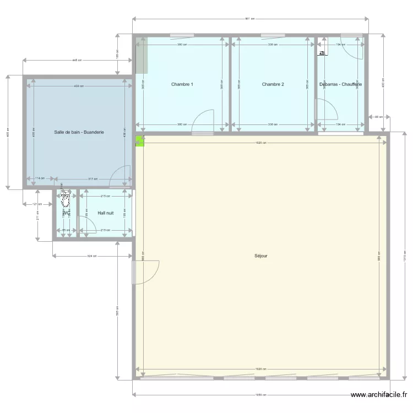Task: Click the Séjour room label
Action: point(261,256)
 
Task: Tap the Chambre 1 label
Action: point(182,84)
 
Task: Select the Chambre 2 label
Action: point(273,84)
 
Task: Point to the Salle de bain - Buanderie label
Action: point(79,132)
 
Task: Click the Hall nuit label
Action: point(106,213)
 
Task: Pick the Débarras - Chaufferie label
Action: point(340,84)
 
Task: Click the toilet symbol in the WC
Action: point(66,197)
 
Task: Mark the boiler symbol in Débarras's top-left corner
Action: point(322,53)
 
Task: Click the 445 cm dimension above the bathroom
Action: point(77,61)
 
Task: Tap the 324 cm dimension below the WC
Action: point(93,256)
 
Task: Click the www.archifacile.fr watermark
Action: point(379,395)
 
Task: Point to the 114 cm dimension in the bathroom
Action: point(39,178)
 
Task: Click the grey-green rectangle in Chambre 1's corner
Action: point(142,55)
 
